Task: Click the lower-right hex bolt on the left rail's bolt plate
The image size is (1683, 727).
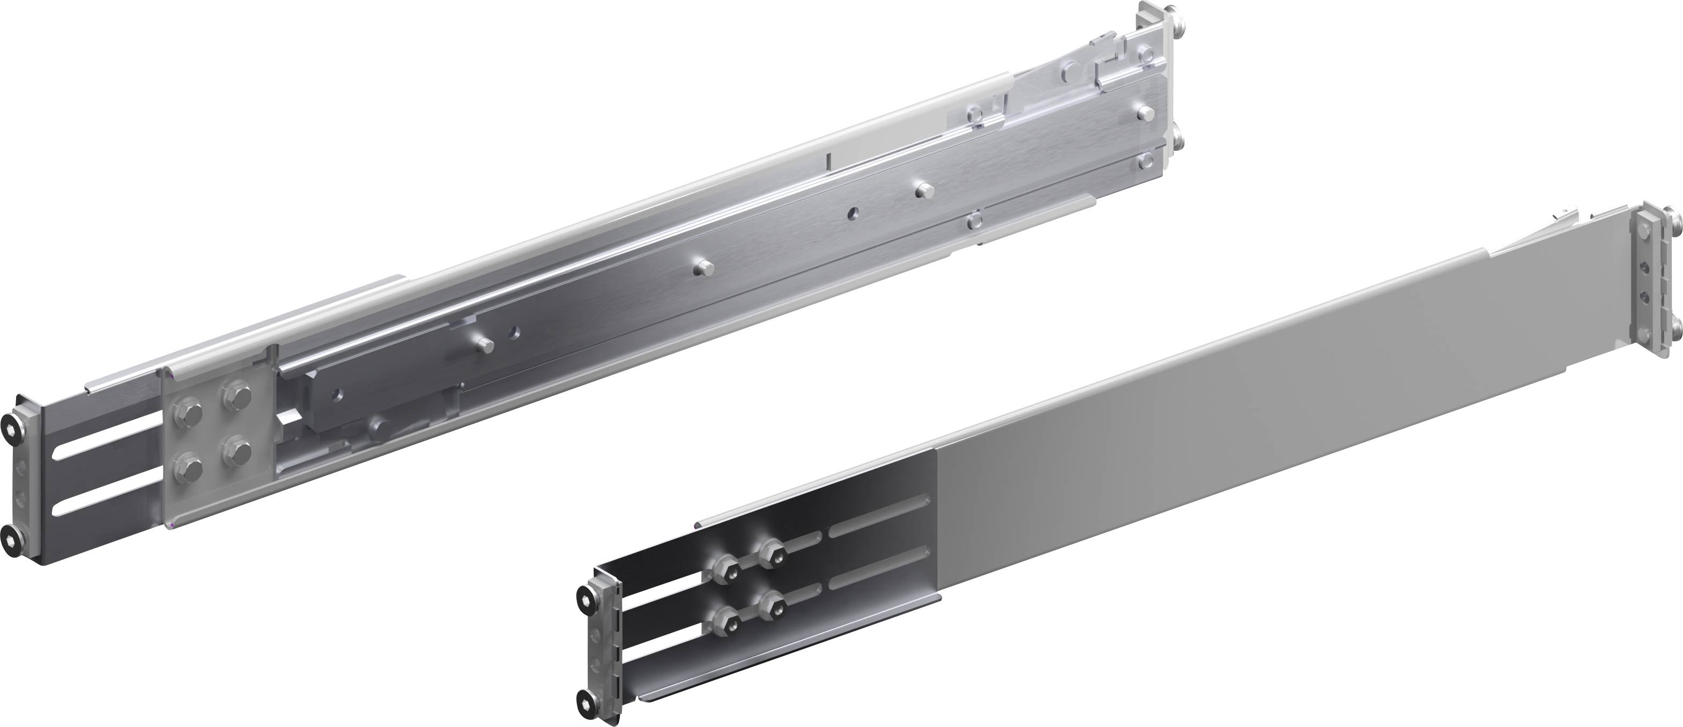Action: coord(235,452)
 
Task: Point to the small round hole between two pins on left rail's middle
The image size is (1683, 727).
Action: coord(852,213)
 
